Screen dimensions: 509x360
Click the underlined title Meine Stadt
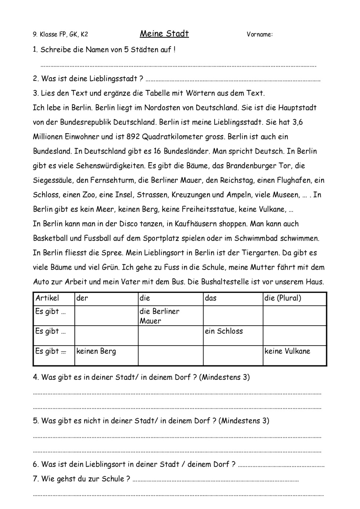pos(164,34)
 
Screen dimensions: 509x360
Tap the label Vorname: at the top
pos(260,35)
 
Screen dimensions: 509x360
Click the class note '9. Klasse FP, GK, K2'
pos(60,35)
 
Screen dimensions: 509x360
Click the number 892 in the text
pos(133,137)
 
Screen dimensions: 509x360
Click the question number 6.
pos(35,464)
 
